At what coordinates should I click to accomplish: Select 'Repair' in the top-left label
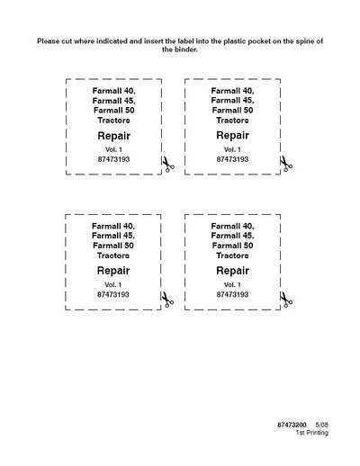point(113,136)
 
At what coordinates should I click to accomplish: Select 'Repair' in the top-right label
point(232,136)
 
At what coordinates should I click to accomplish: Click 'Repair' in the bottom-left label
point(113,271)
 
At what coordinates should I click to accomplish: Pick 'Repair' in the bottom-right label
point(232,271)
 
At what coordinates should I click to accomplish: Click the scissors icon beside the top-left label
point(168,165)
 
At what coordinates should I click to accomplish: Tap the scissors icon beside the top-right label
point(286,164)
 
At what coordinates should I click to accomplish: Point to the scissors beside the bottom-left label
point(167,300)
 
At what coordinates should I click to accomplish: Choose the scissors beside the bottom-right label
point(286,300)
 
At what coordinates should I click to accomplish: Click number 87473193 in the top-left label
point(113,159)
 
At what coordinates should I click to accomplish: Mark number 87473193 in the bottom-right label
point(232,294)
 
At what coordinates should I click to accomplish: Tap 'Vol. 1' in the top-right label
point(232,149)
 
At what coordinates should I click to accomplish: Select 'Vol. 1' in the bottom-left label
point(113,284)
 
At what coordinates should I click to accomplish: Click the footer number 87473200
point(292,425)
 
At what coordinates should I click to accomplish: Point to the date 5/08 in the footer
point(321,425)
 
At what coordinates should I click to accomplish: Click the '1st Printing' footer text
point(312,433)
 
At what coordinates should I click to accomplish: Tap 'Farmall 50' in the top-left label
point(114,111)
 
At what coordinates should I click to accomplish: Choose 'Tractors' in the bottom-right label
point(232,255)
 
